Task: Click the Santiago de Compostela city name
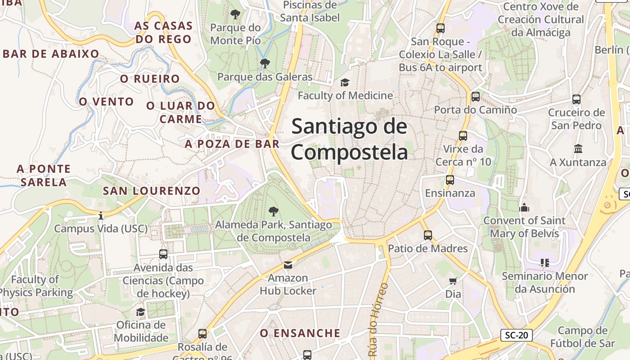click(349, 139)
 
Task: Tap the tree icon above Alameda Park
click(273, 211)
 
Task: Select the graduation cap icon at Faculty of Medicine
click(345, 82)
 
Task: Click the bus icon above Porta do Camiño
click(475, 96)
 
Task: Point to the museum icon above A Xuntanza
click(578, 148)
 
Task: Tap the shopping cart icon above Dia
click(453, 281)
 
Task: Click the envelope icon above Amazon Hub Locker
click(288, 265)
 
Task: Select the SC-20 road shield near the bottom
click(516, 335)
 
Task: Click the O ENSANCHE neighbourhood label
click(300, 333)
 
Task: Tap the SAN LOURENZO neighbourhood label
click(152, 191)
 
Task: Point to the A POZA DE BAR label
click(232, 144)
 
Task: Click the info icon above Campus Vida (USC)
click(100, 216)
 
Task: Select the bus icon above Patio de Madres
click(427, 235)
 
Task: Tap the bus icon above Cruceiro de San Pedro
click(576, 99)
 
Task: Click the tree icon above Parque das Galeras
click(265, 63)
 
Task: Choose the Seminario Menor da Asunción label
click(545, 282)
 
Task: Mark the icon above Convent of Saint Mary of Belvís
click(524, 207)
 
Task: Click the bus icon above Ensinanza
click(450, 180)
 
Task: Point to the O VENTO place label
click(107, 102)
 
